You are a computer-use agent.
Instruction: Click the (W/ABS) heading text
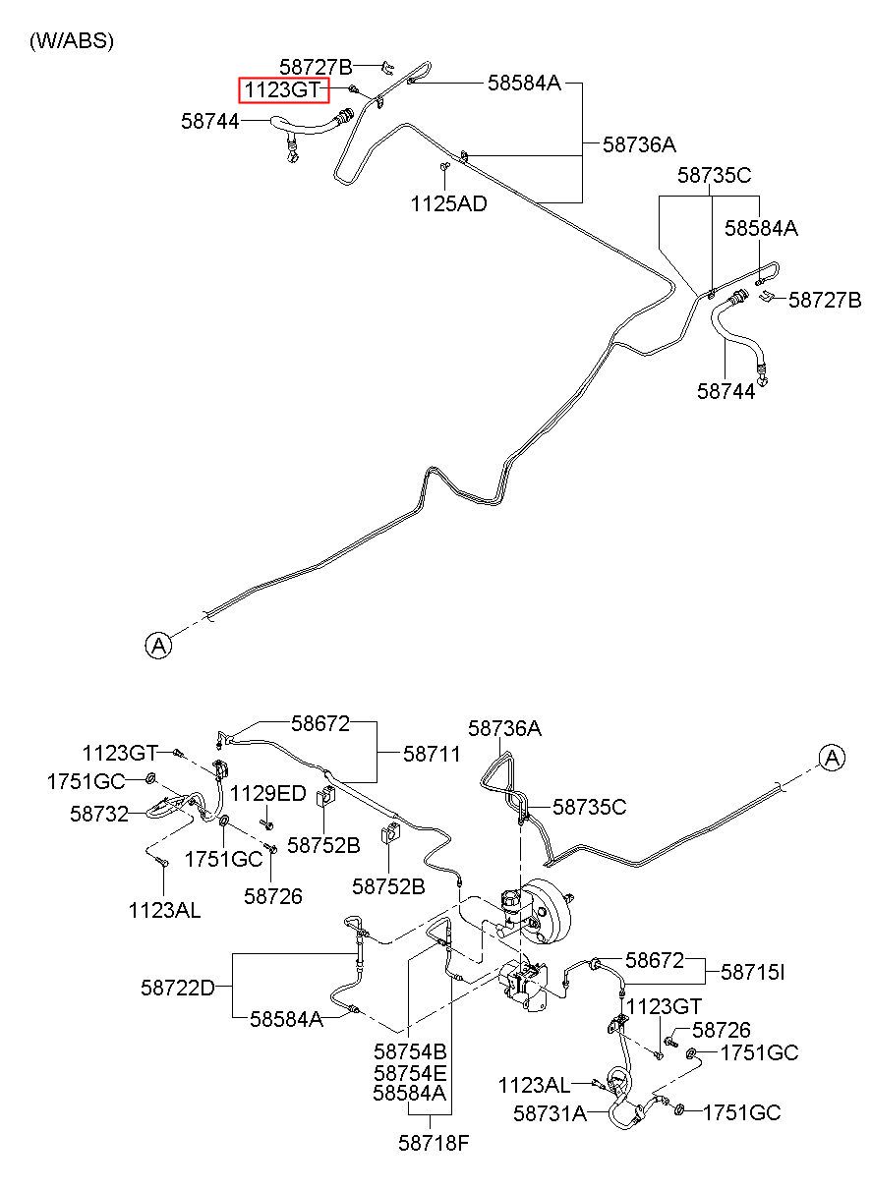tap(72, 41)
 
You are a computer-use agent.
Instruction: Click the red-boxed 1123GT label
tap(283, 89)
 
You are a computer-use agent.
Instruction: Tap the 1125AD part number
tap(448, 203)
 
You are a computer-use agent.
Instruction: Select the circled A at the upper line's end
tap(158, 646)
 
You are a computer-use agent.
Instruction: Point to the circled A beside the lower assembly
tap(833, 757)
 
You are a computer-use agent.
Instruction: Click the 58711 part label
tap(432, 754)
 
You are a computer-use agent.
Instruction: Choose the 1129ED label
tap(267, 794)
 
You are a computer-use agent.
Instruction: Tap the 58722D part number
tap(178, 988)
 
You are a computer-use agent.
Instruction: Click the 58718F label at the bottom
tap(434, 1143)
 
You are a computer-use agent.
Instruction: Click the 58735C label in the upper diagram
tap(715, 175)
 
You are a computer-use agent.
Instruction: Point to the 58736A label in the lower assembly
tap(504, 728)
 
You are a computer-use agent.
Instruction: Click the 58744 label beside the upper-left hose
tap(210, 122)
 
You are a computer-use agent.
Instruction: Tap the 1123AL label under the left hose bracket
tap(165, 911)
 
